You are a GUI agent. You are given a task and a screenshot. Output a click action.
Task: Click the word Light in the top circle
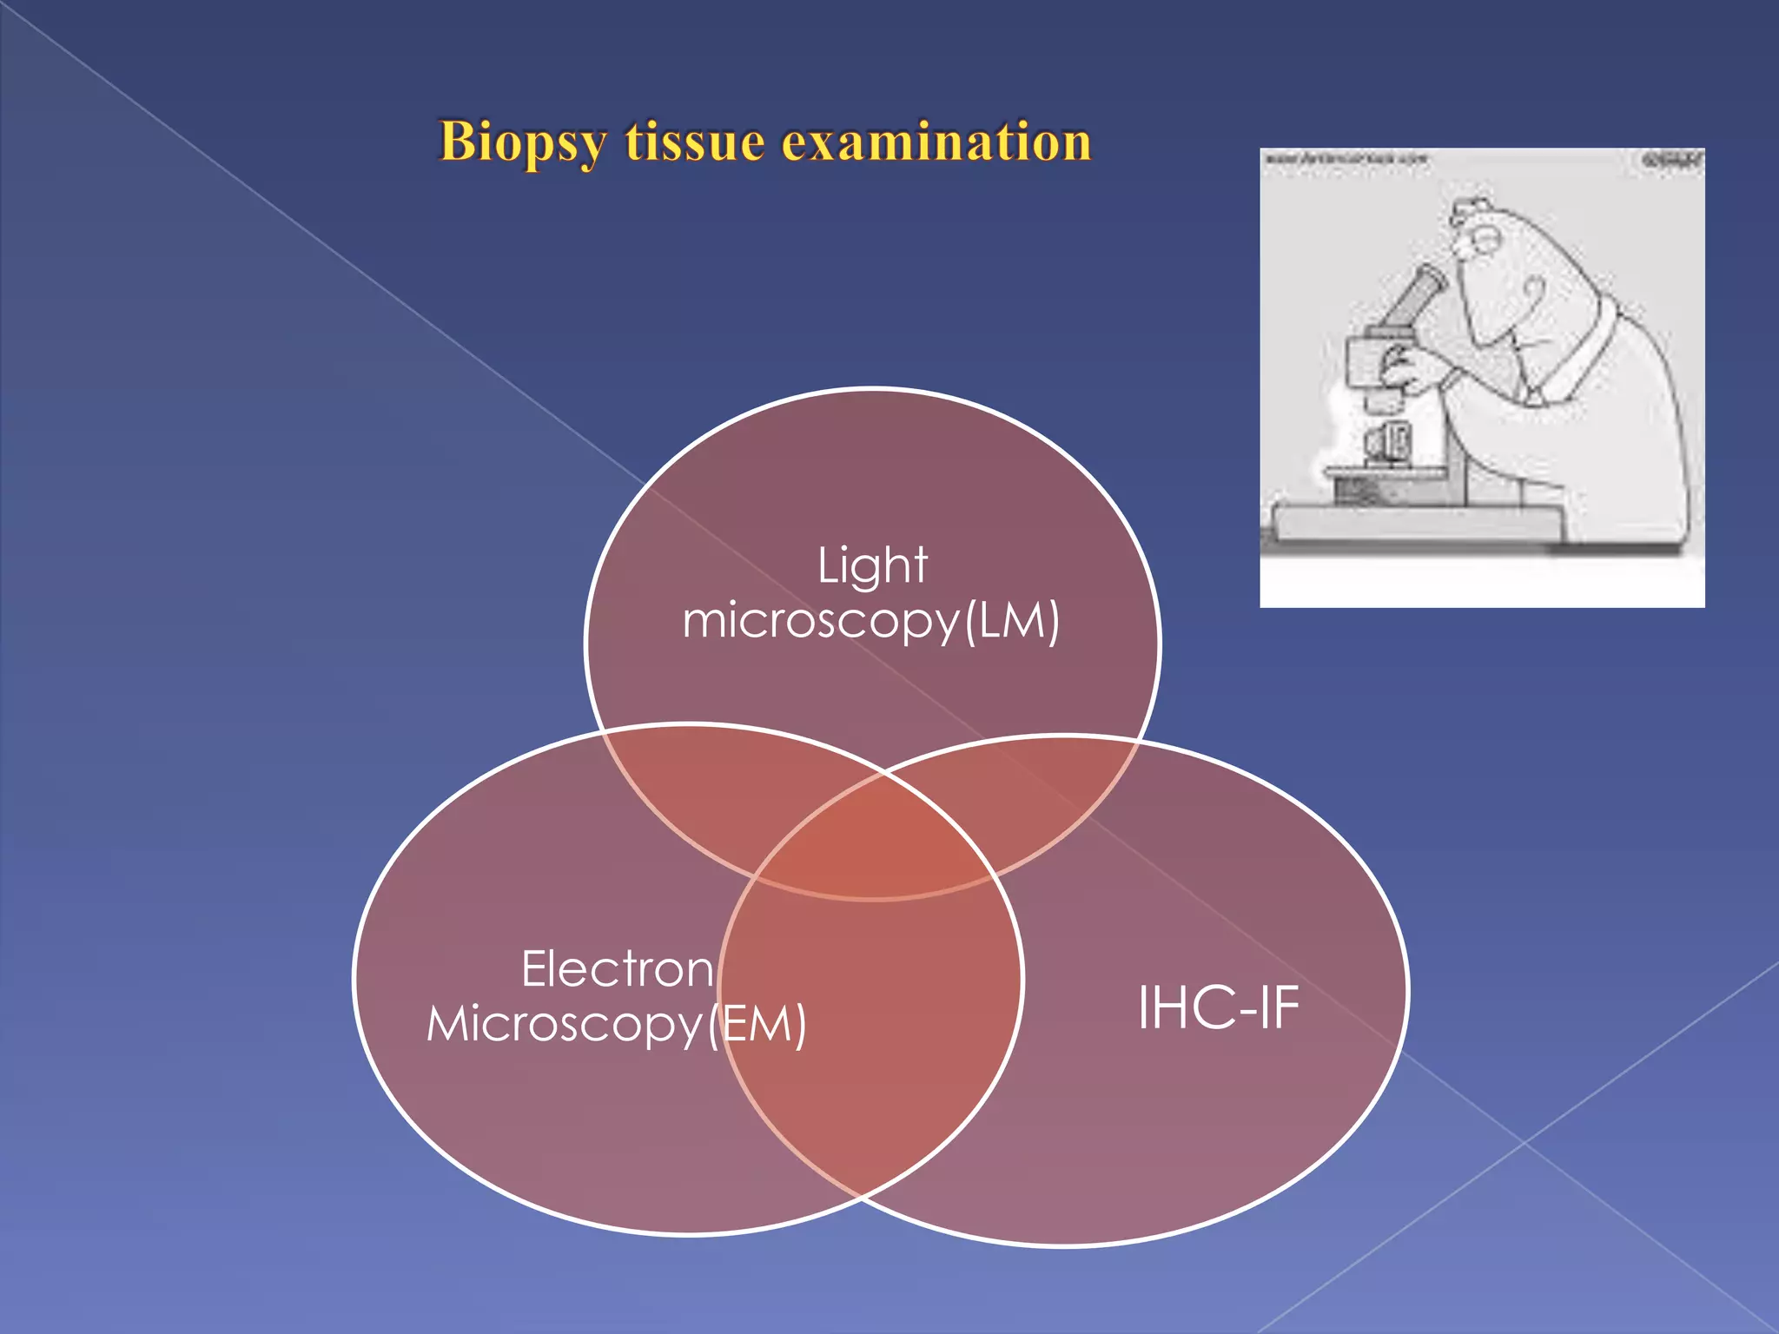[872, 565]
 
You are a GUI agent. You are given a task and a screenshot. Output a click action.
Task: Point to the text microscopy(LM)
[871, 622]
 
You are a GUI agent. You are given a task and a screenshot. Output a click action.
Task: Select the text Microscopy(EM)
[617, 1024]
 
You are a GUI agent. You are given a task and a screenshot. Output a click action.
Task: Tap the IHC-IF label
[1218, 1007]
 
